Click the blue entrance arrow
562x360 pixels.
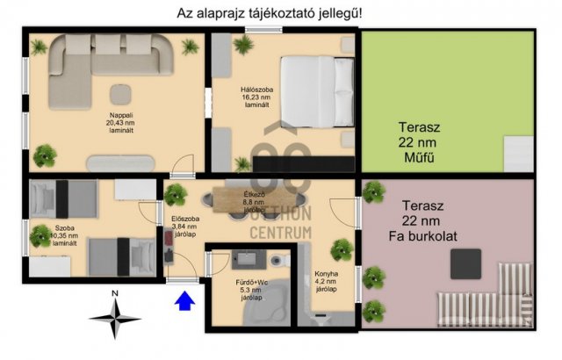tap(184, 301)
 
